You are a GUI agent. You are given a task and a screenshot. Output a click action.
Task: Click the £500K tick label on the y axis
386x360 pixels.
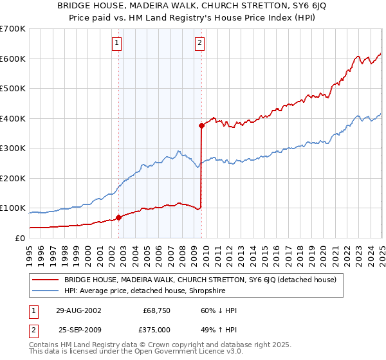pos(13,88)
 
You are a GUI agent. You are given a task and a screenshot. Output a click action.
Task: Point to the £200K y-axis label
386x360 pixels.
pos(13,178)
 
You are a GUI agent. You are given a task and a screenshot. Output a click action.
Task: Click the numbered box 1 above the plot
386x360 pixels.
pos(117,43)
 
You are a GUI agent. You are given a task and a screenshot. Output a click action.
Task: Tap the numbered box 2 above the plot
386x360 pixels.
pos(200,43)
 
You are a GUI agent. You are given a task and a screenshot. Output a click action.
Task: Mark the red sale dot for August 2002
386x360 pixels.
pos(119,217)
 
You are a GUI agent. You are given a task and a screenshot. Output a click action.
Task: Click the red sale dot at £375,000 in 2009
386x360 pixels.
pos(202,126)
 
